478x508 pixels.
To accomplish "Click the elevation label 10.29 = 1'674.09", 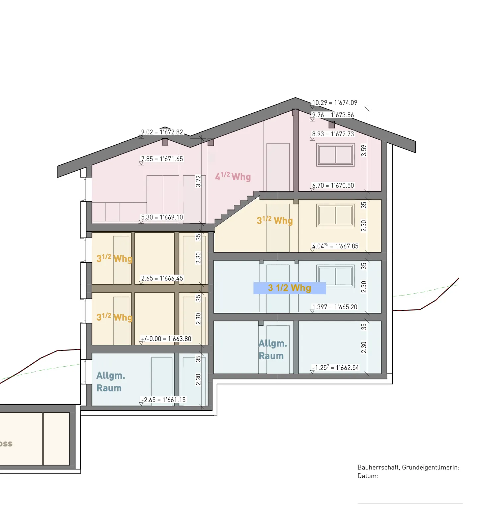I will click(334, 103).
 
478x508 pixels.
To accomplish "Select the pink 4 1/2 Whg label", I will click(233, 176).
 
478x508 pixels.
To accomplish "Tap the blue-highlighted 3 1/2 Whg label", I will click(289, 288).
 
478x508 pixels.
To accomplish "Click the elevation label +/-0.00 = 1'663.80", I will click(166, 339).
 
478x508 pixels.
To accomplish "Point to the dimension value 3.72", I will click(198, 181).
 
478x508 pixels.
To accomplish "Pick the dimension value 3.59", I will click(364, 150).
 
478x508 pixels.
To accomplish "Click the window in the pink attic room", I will click(335, 155).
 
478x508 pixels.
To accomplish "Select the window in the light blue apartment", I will click(335, 276).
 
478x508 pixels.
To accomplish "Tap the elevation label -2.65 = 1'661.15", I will click(163, 400).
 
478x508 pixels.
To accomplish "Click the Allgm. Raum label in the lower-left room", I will click(111, 382).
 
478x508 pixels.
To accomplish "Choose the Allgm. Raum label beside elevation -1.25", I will click(272, 349).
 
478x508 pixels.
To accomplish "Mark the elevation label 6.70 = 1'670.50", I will click(333, 185).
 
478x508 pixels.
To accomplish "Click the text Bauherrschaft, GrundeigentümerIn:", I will click(408, 467).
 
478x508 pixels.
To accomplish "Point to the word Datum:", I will click(368, 476).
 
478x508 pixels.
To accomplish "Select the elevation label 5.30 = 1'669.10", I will click(162, 217).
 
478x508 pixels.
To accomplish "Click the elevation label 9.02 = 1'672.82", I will click(162, 132).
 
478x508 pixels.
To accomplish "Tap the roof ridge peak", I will click(295, 98).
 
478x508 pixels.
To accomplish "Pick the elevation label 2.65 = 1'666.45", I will click(162, 278).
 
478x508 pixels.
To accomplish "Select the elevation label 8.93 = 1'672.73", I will click(333, 134).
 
